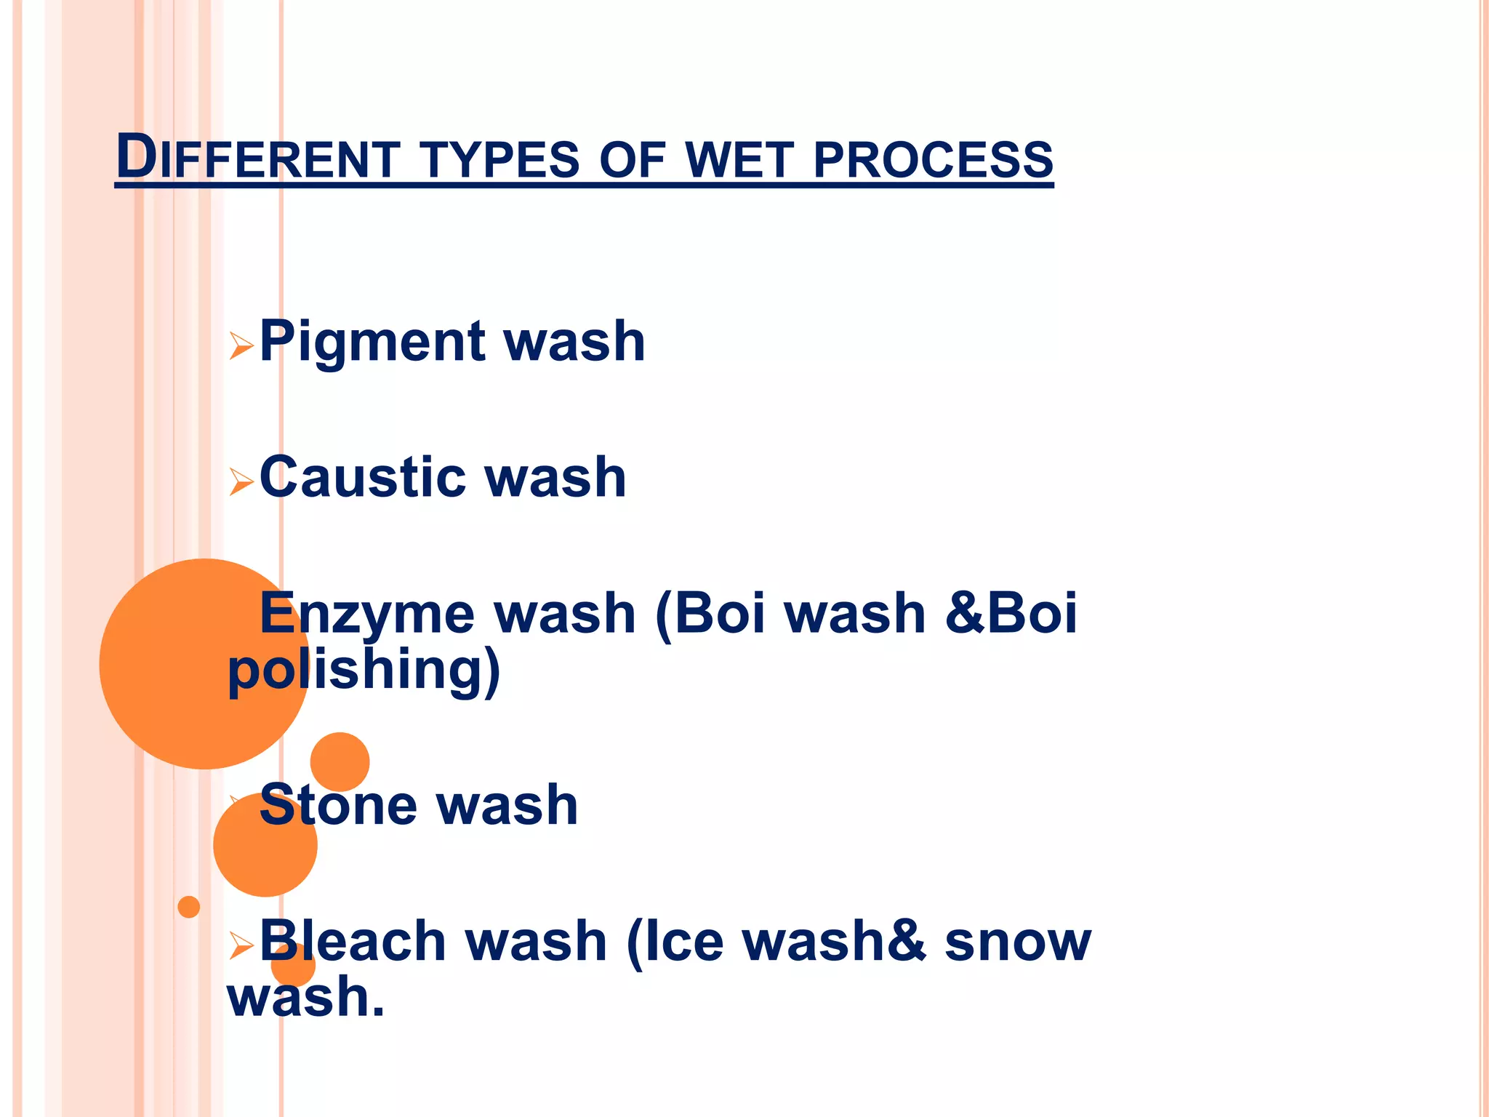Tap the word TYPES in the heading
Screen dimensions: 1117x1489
[500, 159]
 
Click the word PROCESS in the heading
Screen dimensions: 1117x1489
[933, 159]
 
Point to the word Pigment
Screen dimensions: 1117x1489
[372, 342]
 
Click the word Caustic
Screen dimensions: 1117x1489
[362, 478]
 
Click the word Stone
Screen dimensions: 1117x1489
[337, 805]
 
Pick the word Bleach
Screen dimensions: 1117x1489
[352, 941]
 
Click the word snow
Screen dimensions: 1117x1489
[1017, 941]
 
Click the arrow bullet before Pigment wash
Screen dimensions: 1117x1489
[241, 346]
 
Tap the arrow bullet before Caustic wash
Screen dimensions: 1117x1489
[241, 481]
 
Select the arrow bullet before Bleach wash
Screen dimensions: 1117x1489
[241, 945]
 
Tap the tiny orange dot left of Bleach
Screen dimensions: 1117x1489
[189, 907]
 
